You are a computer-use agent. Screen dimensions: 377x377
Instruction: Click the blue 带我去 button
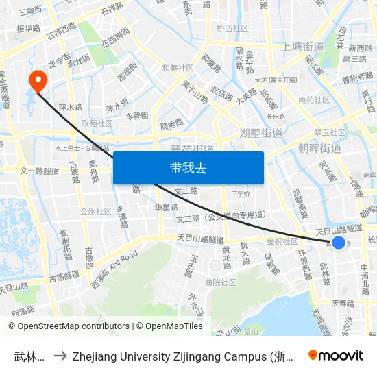[x=188, y=168]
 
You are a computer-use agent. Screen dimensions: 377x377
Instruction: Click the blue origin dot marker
[x=338, y=243]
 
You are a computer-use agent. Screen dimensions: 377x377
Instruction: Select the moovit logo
[x=336, y=355]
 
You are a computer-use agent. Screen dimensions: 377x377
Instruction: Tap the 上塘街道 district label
[x=302, y=47]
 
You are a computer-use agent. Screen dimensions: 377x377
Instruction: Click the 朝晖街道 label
[x=320, y=148]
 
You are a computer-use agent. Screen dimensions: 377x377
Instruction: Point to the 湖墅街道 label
[x=261, y=133]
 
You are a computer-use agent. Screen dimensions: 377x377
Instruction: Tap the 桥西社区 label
[x=232, y=28]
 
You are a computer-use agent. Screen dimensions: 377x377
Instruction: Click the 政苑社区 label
[x=97, y=123]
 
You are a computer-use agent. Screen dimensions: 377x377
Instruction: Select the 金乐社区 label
[x=95, y=211]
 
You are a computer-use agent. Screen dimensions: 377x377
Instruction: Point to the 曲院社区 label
[x=220, y=282]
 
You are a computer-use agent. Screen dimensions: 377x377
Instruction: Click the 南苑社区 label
[x=313, y=100]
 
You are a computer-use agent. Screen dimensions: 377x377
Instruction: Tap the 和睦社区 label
[x=178, y=68]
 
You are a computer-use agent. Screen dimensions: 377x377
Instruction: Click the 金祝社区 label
[x=282, y=241]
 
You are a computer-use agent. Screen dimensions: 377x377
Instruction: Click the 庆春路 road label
[x=342, y=303]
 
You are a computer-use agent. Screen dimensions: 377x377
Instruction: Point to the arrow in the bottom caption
[x=60, y=356]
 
